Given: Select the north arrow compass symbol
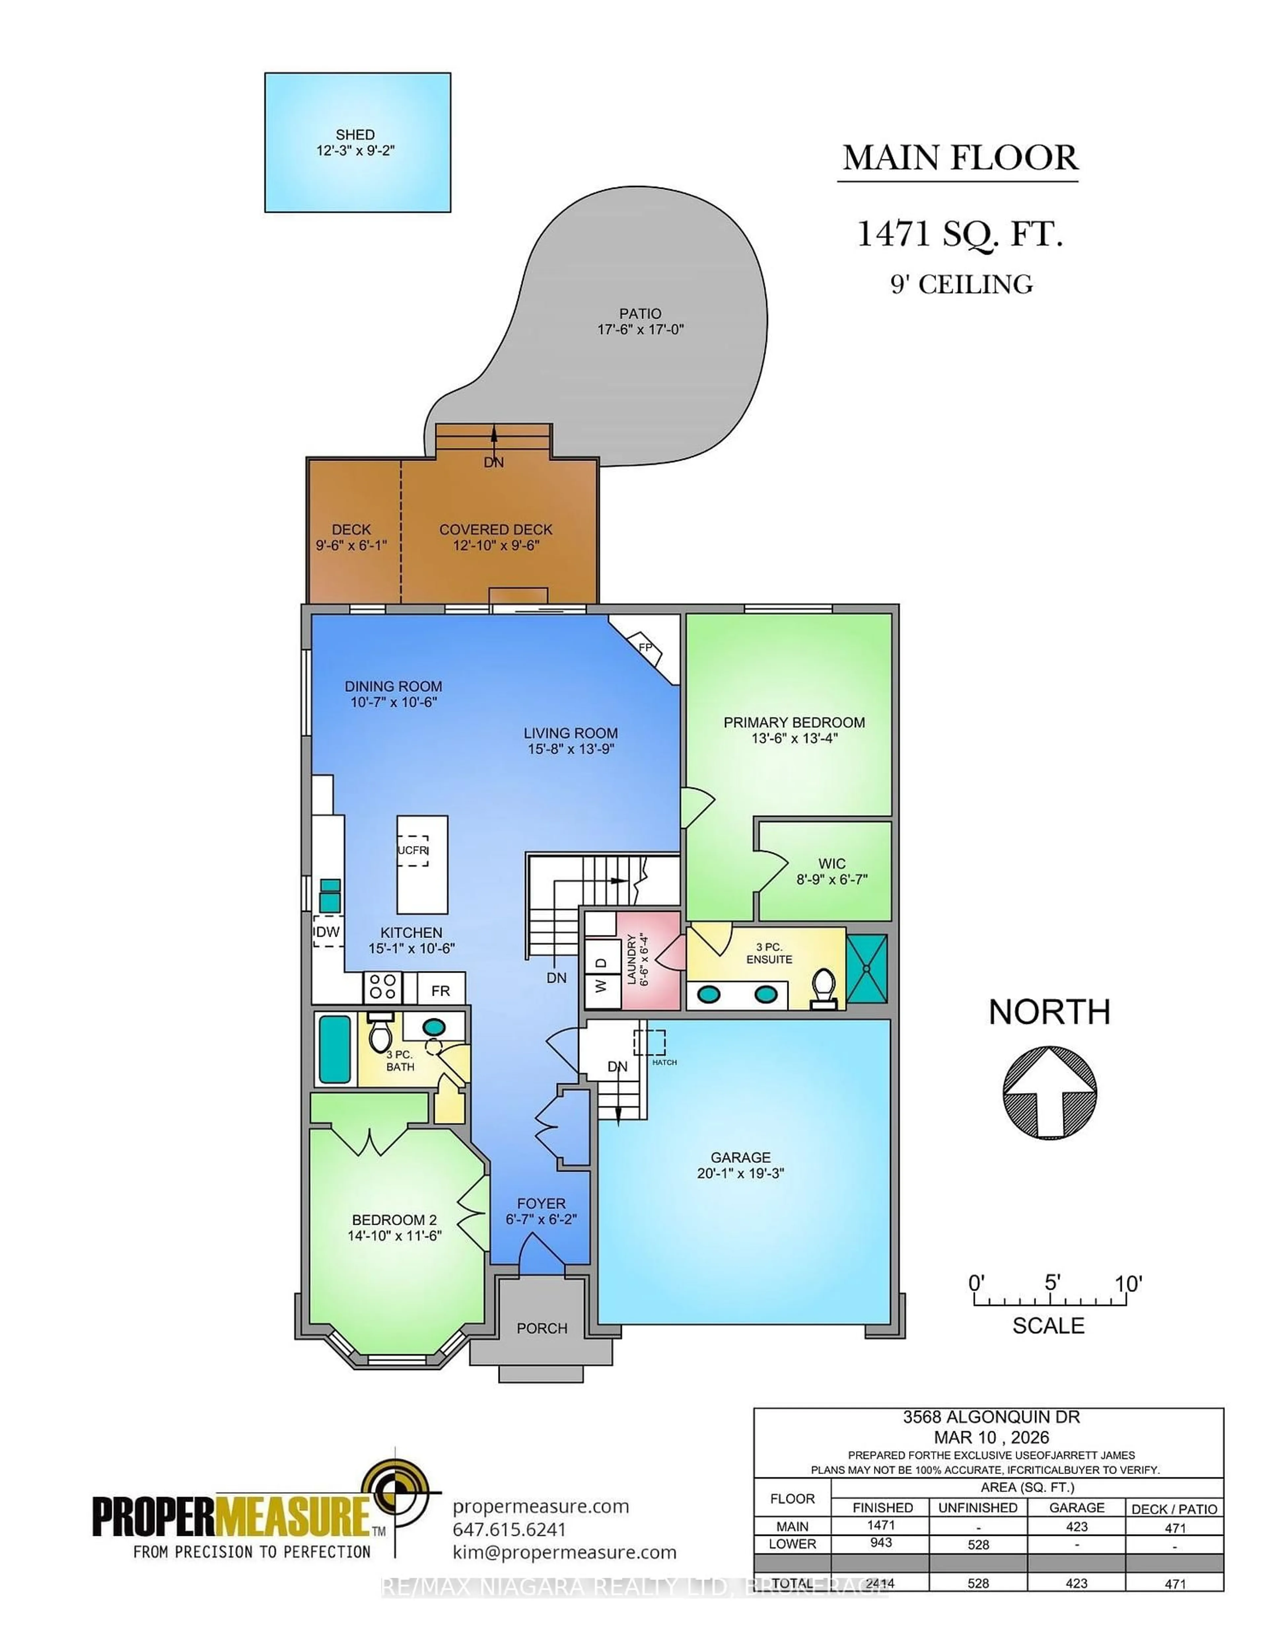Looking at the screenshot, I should pyautogui.click(x=1049, y=1090).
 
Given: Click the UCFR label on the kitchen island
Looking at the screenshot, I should pyautogui.click(x=412, y=851).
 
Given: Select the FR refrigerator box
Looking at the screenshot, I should pyautogui.click(x=440, y=990).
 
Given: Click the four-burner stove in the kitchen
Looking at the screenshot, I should pyautogui.click(x=382, y=987).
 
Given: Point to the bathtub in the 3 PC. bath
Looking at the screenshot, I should pyautogui.click(x=334, y=1049).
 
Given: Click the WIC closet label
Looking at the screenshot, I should pyautogui.click(x=831, y=864).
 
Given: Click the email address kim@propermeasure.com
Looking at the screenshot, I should pyautogui.click(x=564, y=1552).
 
